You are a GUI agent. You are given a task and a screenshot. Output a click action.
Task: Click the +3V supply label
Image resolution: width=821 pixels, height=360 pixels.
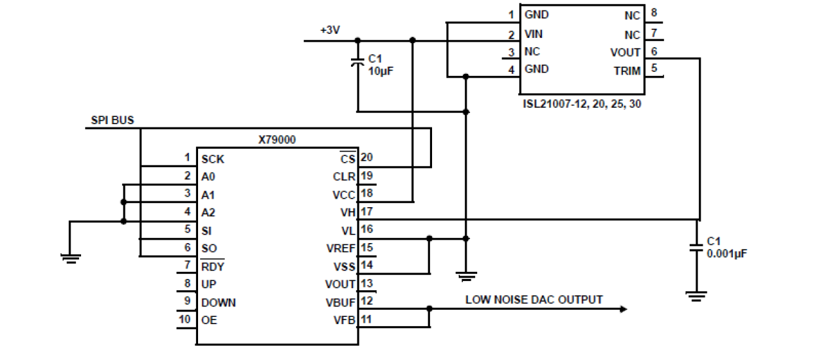(x=331, y=30)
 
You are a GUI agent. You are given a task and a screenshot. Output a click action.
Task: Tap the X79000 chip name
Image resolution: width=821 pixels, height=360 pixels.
(x=277, y=140)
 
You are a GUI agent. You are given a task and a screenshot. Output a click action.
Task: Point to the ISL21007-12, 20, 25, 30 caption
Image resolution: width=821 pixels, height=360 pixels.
(x=582, y=103)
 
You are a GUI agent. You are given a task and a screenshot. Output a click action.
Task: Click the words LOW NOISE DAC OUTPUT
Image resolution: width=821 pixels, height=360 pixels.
(x=534, y=299)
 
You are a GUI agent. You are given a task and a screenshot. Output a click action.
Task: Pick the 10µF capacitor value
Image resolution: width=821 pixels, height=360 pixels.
(x=380, y=70)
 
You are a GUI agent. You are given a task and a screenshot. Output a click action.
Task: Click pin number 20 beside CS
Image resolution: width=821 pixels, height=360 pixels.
(x=367, y=158)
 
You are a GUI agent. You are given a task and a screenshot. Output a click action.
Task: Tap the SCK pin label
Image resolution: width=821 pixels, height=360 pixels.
(x=213, y=159)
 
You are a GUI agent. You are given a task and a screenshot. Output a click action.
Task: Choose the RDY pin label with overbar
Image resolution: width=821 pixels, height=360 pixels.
(x=212, y=266)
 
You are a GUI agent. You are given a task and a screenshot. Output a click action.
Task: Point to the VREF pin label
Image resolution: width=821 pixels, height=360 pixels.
(x=341, y=248)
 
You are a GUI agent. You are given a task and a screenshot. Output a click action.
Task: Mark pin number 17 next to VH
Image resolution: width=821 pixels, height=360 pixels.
(x=367, y=212)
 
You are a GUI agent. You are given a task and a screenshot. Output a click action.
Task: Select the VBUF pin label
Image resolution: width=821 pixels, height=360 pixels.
(x=341, y=302)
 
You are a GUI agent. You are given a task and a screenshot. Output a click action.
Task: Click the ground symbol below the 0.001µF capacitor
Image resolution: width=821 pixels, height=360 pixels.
(x=699, y=295)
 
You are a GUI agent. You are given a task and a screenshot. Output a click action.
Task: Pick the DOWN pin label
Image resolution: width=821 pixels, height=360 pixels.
(x=218, y=303)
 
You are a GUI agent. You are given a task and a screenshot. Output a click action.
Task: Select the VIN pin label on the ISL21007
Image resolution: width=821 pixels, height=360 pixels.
(x=533, y=33)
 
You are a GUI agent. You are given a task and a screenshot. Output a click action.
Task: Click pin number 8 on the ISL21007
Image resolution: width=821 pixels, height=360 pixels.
(x=654, y=12)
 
